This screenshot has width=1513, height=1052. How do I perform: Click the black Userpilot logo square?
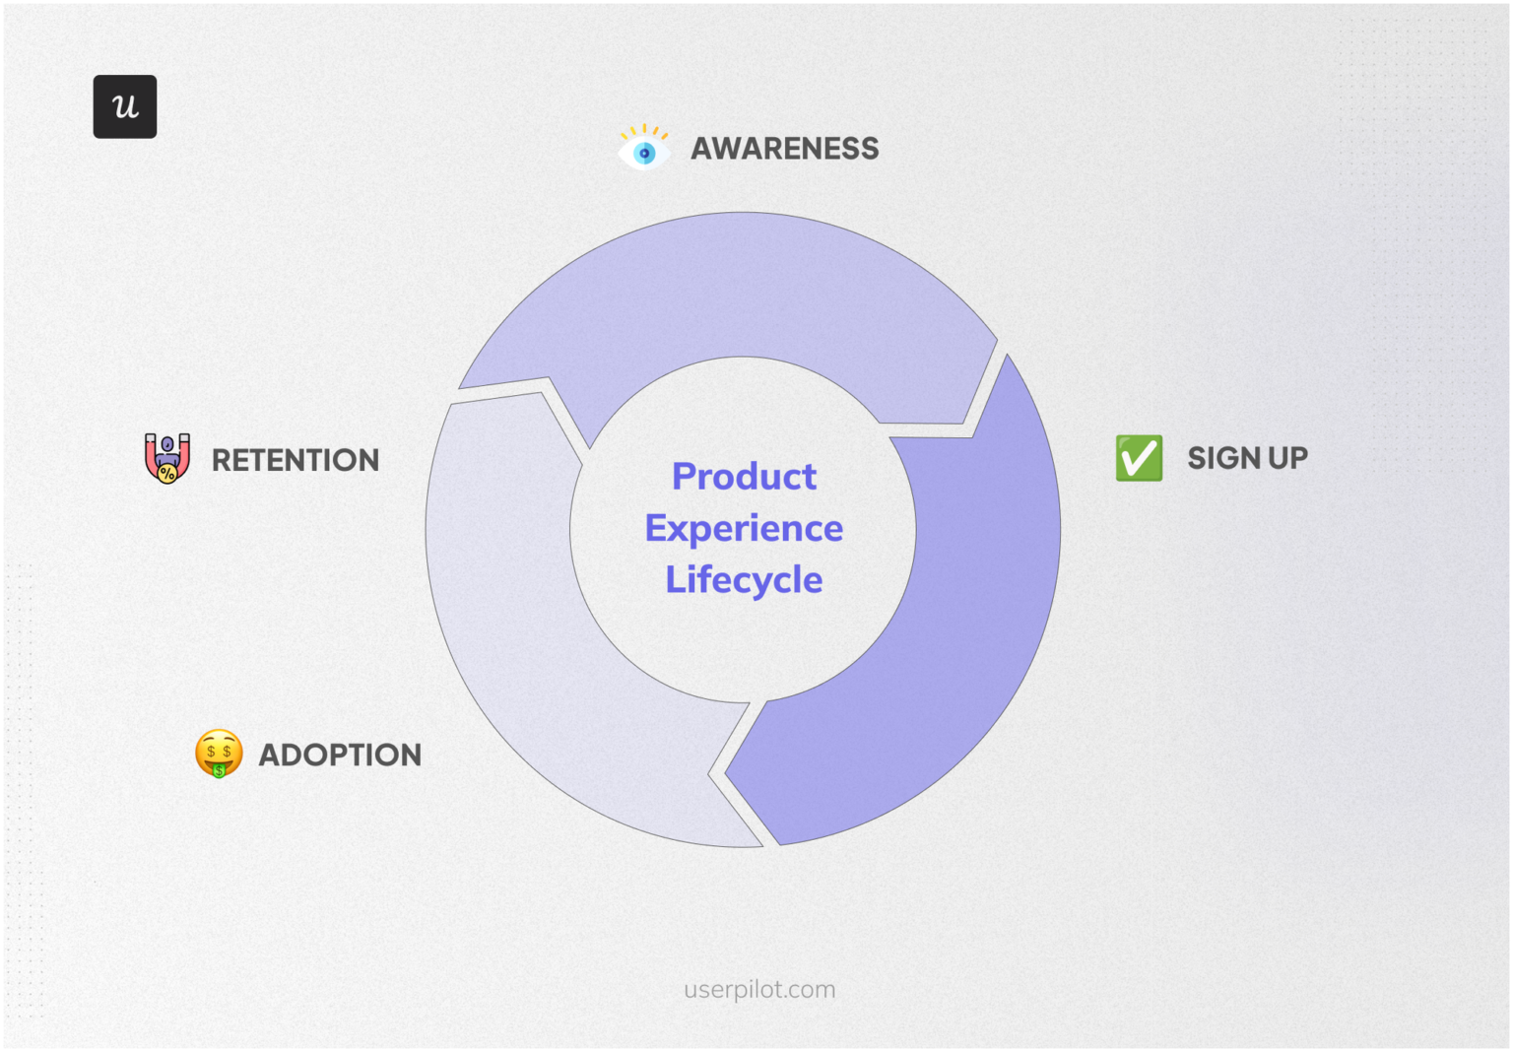click(x=125, y=106)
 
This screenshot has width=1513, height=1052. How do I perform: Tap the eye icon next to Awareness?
click(x=644, y=149)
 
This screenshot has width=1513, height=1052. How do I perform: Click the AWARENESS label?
click(x=784, y=149)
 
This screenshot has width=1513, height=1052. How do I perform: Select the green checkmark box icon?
click(x=1139, y=458)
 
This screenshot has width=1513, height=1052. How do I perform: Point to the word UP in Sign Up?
click(x=1288, y=458)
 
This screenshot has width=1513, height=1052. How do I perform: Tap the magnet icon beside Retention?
click(x=167, y=458)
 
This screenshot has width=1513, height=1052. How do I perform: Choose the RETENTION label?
click(x=295, y=460)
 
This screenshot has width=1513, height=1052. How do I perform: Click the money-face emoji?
click(x=219, y=754)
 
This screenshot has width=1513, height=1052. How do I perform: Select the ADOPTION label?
click(x=340, y=755)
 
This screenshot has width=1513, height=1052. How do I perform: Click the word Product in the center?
click(x=744, y=477)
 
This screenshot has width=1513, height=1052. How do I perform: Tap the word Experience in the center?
click(x=744, y=529)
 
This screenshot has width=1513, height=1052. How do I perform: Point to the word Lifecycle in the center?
click(x=744, y=580)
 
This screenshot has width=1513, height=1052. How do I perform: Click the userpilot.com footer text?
click(x=759, y=989)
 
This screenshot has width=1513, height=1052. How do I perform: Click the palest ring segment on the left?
click(x=512, y=611)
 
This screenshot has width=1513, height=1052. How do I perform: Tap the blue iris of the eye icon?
click(x=645, y=153)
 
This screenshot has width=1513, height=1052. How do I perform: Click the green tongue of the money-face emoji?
click(x=220, y=770)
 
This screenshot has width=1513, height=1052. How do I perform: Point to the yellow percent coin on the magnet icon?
click(x=167, y=474)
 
